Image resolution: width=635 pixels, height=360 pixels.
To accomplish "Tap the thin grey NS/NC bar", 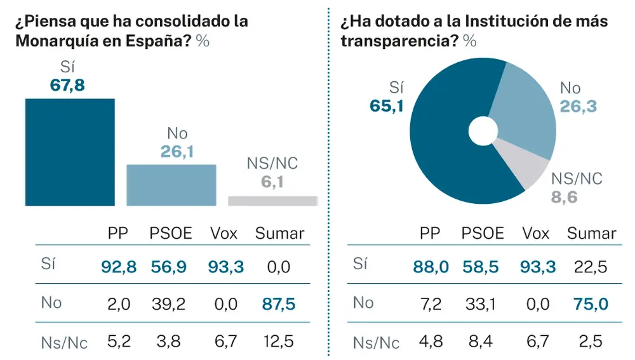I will [272, 201].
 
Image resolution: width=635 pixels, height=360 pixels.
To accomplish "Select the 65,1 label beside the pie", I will [387, 105].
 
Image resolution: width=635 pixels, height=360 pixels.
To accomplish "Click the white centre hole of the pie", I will [483, 131].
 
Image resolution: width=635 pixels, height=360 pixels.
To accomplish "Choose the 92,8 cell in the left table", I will [119, 267].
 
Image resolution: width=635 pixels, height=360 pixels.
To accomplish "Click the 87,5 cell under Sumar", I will [279, 304].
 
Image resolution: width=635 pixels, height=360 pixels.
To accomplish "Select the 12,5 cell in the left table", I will [279, 342].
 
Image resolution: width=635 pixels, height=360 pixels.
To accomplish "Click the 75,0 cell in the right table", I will [591, 304].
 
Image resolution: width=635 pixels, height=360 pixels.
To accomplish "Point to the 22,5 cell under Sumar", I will [591, 267].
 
